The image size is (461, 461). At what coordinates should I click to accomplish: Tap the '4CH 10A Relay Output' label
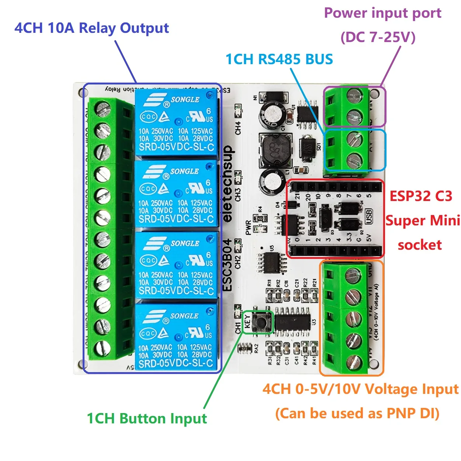(x=91, y=28)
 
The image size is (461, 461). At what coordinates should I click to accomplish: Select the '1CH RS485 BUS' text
(x=279, y=59)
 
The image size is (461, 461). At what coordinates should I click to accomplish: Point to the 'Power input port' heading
(x=382, y=13)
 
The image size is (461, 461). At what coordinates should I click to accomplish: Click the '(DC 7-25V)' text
(x=378, y=37)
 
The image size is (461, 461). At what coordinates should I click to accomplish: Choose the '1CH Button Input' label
(x=146, y=419)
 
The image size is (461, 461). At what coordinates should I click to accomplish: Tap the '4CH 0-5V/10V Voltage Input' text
(x=360, y=389)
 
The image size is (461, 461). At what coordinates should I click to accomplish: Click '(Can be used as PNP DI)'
(x=357, y=413)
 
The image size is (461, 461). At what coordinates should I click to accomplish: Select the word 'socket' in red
(x=420, y=245)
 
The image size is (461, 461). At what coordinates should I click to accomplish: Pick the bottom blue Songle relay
(x=176, y=337)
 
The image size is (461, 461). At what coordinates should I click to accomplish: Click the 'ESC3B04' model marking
(x=228, y=265)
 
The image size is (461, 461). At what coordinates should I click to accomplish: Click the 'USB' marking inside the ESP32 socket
(x=368, y=216)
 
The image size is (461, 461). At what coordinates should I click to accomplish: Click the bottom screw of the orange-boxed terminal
(x=353, y=362)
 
